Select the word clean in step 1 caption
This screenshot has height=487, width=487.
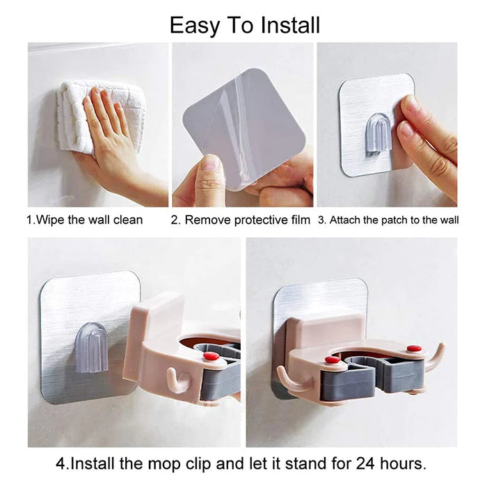(x=127, y=220)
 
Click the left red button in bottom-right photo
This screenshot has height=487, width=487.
(x=333, y=359)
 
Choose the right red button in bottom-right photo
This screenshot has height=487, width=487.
(x=414, y=348)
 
